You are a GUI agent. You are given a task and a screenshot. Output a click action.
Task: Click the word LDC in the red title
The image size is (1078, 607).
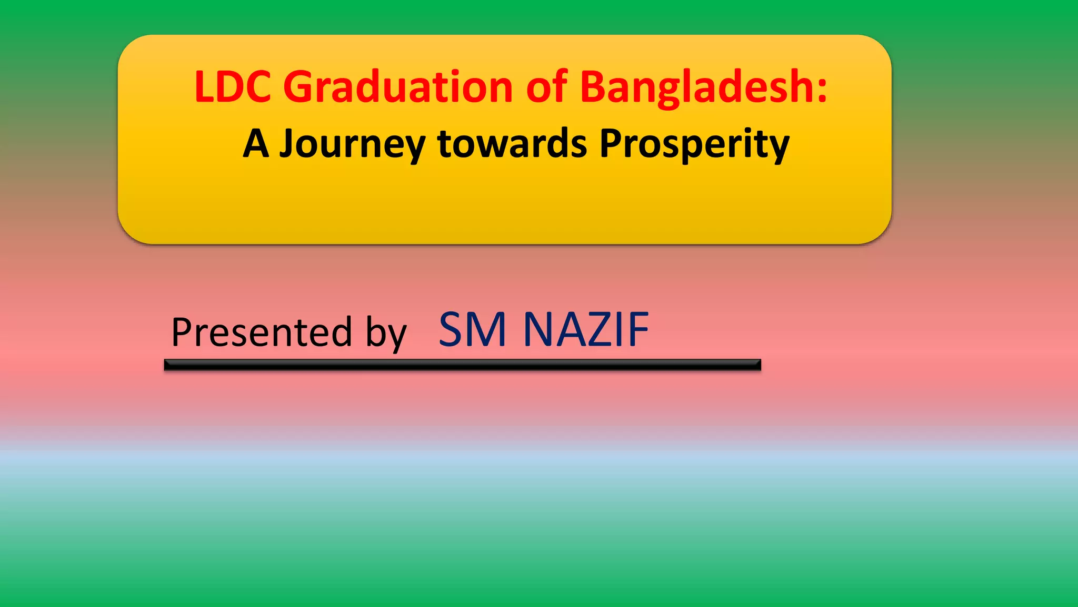click(233, 86)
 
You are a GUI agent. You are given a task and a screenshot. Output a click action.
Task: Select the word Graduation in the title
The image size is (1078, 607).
click(398, 87)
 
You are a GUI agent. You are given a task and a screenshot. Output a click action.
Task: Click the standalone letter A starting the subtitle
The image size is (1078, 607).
click(256, 144)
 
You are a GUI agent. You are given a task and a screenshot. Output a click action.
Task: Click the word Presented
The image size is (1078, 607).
click(262, 332)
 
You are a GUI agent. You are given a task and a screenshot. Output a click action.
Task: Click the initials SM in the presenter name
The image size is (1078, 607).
click(472, 330)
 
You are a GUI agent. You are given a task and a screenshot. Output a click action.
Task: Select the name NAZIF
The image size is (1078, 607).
click(586, 330)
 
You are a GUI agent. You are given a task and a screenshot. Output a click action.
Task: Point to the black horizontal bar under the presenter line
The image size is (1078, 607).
click(462, 365)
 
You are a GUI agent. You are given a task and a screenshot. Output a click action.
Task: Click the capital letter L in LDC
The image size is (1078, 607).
click(204, 86)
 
